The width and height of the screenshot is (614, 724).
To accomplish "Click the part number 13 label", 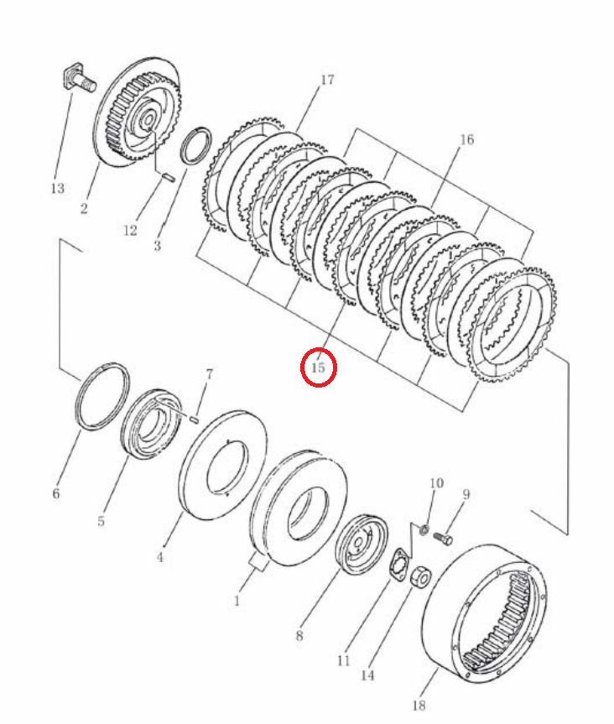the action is (58, 189).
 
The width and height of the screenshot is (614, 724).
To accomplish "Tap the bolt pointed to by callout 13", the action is (79, 80).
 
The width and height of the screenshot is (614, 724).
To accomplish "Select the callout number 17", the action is (327, 80).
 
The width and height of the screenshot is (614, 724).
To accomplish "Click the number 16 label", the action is (466, 139).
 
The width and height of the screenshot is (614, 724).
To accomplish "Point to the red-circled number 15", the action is (319, 368).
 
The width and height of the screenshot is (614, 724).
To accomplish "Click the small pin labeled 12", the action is (168, 177).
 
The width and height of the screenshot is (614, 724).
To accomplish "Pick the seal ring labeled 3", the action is (196, 145).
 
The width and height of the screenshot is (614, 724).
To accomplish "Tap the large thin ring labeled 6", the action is (102, 396).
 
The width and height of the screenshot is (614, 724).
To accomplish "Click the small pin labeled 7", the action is (195, 419).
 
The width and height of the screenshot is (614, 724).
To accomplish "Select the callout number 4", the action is (159, 557).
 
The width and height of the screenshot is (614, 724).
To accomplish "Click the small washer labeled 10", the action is (424, 529).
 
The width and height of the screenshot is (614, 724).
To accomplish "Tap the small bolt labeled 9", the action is (443, 539).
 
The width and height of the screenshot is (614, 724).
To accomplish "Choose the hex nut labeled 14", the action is (421, 576).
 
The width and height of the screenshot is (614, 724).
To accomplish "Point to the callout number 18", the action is (419, 705).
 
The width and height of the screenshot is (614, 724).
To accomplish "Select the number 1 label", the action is (237, 602).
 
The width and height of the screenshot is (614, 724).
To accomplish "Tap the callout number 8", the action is (299, 636).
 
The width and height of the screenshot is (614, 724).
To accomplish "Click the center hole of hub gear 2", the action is (148, 121).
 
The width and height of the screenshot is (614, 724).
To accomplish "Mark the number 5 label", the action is (101, 521).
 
